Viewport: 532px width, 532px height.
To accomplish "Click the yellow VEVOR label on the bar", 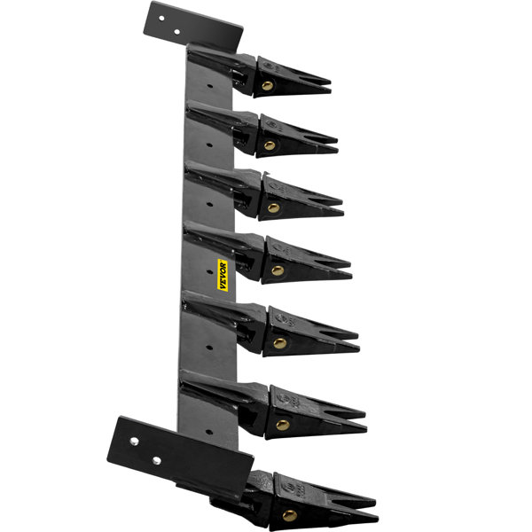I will [x=225, y=274].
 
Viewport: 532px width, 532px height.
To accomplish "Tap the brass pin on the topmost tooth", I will [x=267, y=86].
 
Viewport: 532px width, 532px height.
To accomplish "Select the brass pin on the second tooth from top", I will [x=270, y=145].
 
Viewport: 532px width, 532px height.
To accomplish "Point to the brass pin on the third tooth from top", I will [x=273, y=208].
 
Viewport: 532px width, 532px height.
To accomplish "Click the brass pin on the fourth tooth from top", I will [x=277, y=270].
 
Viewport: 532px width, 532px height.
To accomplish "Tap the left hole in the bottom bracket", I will [x=135, y=441].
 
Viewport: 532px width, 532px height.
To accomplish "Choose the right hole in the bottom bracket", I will [x=157, y=460].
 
